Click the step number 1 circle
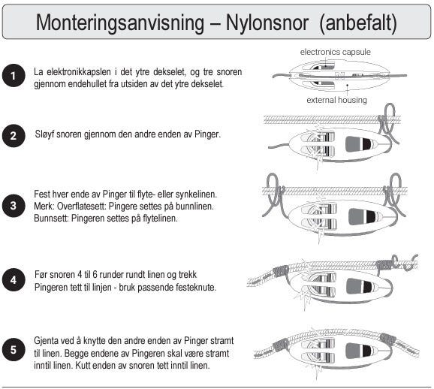click(x=14, y=76)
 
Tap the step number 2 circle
click(x=14, y=136)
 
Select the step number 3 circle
click(x=14, y=206)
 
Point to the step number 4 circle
click(x=14, y=280)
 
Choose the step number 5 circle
click(x=14, y=349)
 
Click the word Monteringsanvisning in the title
click(x=120, y=23)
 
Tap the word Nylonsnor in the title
click(x=267, y=22)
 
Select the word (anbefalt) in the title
click(x=358, y=23)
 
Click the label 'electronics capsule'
click(x=335, y=52)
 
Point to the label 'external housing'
click(x=336, y=100)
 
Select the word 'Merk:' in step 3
click(x=42, y=207)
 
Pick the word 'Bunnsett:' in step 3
click(x=51, y=219)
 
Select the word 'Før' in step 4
click(x=41, y=275)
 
